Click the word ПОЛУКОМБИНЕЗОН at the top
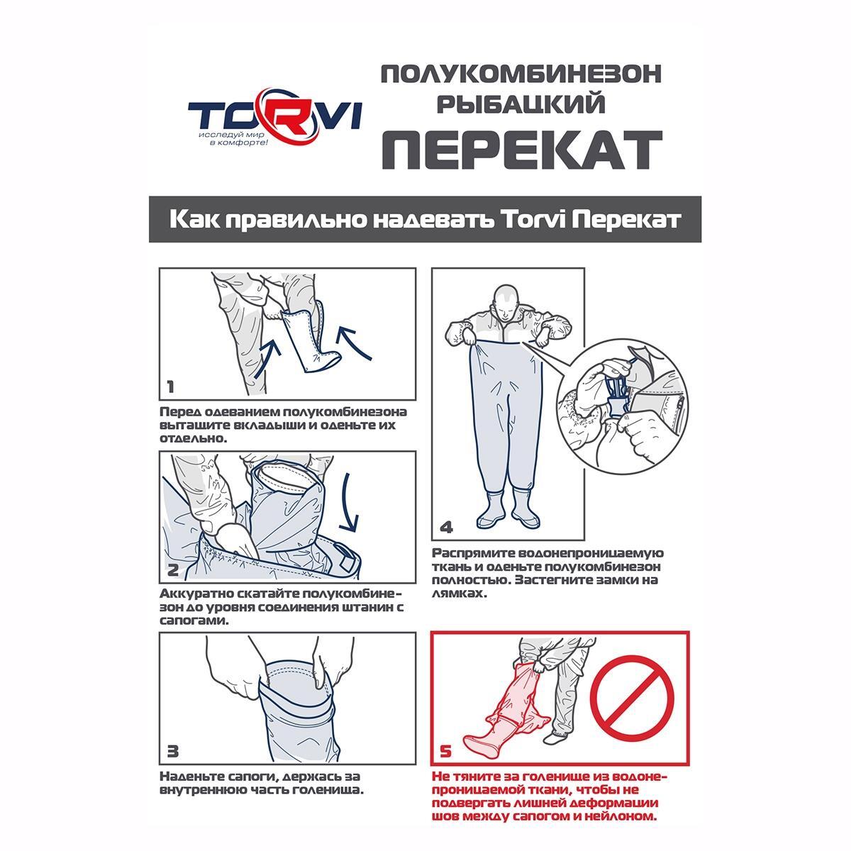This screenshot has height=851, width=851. click(521, 74)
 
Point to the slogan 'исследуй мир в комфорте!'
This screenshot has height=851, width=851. click(233, 138)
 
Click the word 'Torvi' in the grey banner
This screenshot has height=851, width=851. click(533, 219)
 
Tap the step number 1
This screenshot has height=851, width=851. click(170, 387)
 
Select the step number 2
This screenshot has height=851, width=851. click(172, 569)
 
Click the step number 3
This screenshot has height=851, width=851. click(172, 751)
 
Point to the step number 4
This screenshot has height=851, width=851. click(447, 528)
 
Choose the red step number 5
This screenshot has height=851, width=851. click(445, 751)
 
